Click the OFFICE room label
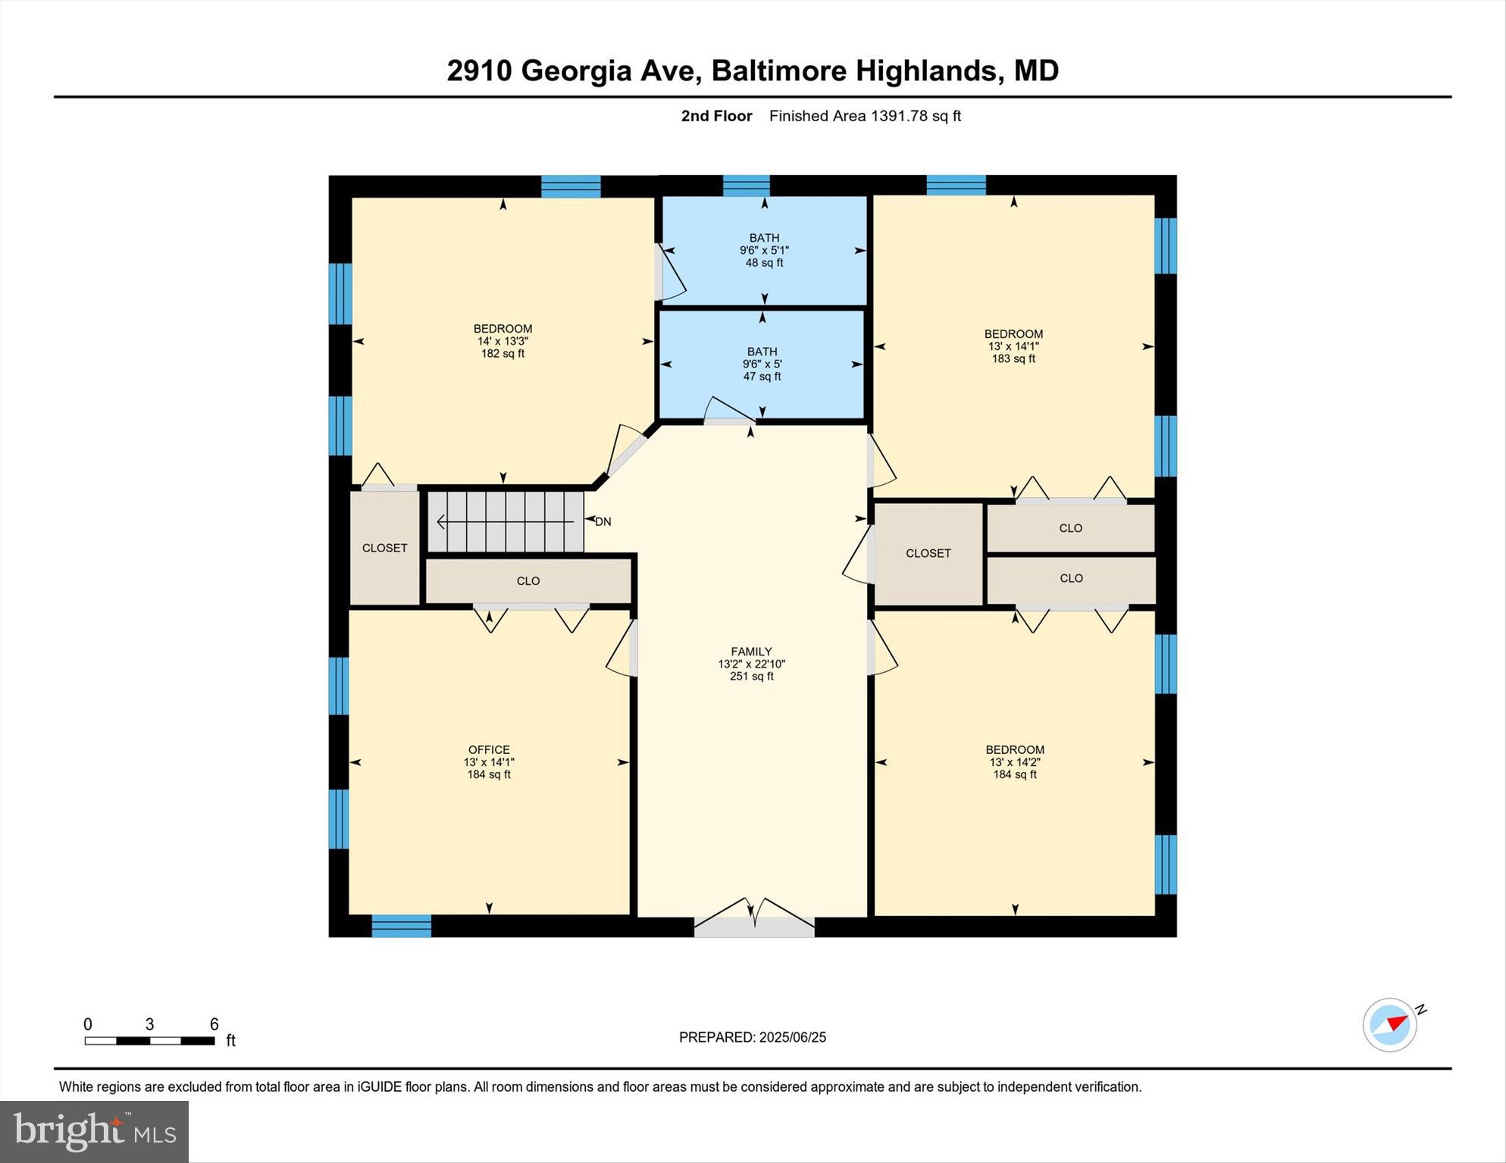point(489,761)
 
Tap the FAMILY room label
point(751,663)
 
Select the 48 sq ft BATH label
point(764,250)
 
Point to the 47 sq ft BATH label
point(762,364)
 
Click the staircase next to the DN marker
point(506,522)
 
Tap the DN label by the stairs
point(603,521)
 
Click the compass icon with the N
point(1391,1024)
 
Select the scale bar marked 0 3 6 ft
point(150,1040)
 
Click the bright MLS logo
point(94,1131)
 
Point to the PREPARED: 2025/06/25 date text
point(752,1037)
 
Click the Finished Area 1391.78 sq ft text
point(865,116)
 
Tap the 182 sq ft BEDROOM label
point(503,341)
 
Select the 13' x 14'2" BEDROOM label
point(1015,761)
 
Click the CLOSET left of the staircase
point(384,548)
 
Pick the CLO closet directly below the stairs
point(528,581)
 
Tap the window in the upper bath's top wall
point(746,186)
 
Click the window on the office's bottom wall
point(401,926)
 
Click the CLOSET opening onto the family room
point(928,553)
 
